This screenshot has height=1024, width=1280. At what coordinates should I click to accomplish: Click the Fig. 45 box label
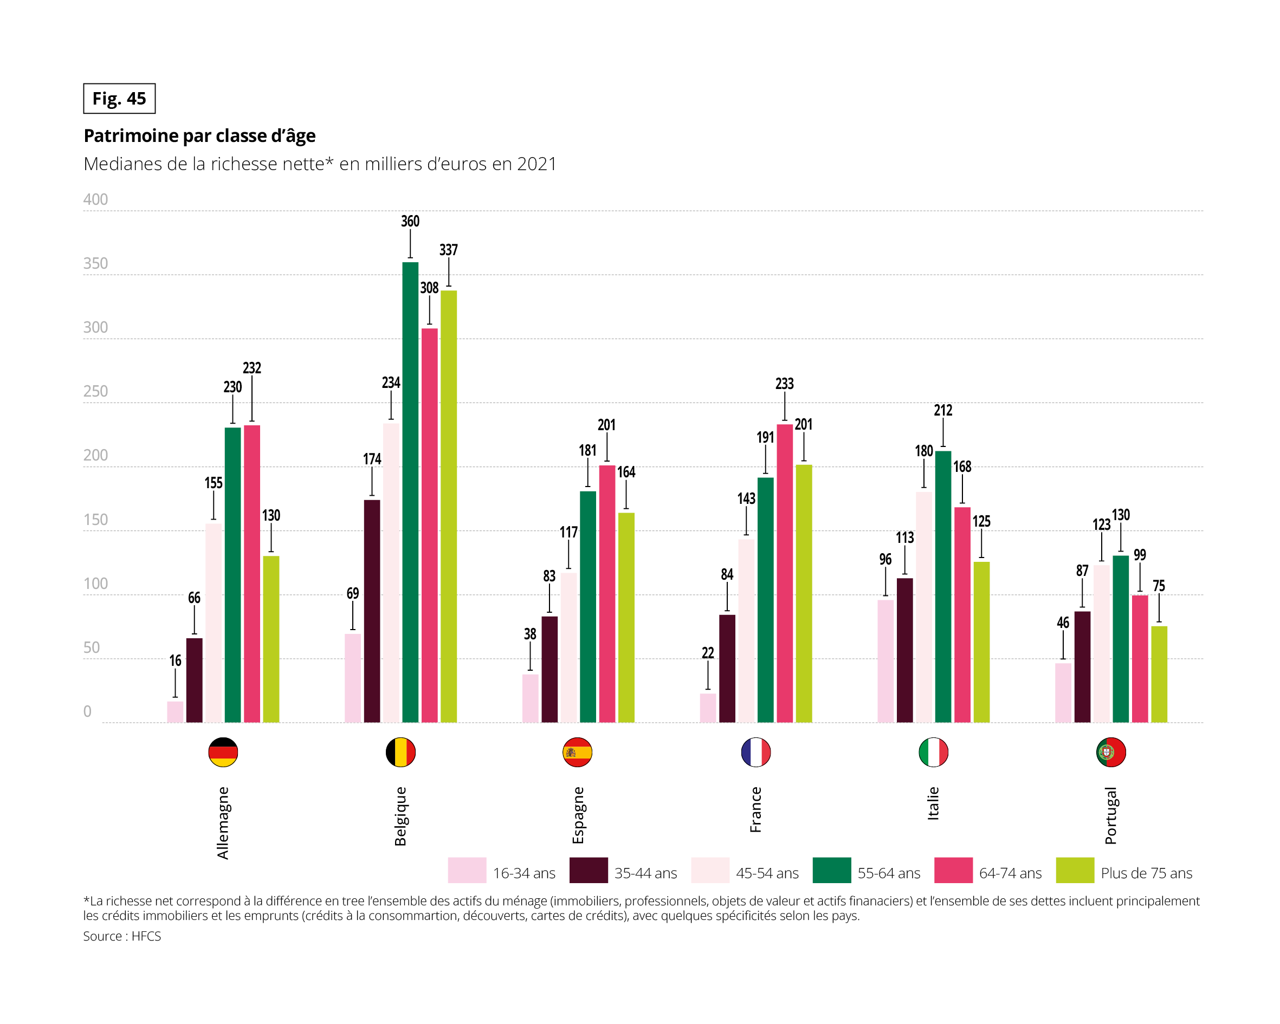coord(119,99)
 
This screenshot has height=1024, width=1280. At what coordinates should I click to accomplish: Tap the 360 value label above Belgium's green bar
coord(410,222)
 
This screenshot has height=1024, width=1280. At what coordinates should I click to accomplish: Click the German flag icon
coord(223,752)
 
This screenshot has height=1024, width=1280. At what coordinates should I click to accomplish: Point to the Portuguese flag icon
coord(1111,752)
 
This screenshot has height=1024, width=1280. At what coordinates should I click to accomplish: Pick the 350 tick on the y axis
coord(95,263)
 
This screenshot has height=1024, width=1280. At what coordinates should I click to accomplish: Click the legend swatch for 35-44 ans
coord(588,870)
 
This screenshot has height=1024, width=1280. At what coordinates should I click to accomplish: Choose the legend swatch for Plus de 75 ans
coord(1075,870)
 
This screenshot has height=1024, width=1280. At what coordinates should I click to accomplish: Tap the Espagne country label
coord(578,814)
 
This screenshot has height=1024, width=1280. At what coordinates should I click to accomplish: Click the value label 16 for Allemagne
coord(175,660)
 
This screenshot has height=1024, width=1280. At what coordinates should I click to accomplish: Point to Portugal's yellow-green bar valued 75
coord(1159,675)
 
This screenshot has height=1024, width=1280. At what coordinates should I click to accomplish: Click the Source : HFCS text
coord(122,936)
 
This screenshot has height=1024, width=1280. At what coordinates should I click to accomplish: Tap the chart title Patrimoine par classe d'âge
coord(199,136)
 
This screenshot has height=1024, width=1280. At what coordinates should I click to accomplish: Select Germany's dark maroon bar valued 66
coord(194,680)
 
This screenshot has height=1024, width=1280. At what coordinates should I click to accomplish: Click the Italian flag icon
coord(933,752)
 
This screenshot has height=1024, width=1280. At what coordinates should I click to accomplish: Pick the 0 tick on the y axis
coord(87,712)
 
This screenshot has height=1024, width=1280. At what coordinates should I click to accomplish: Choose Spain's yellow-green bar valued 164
coord(626,617)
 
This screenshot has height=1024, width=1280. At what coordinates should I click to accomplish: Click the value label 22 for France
coord(708,653)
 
